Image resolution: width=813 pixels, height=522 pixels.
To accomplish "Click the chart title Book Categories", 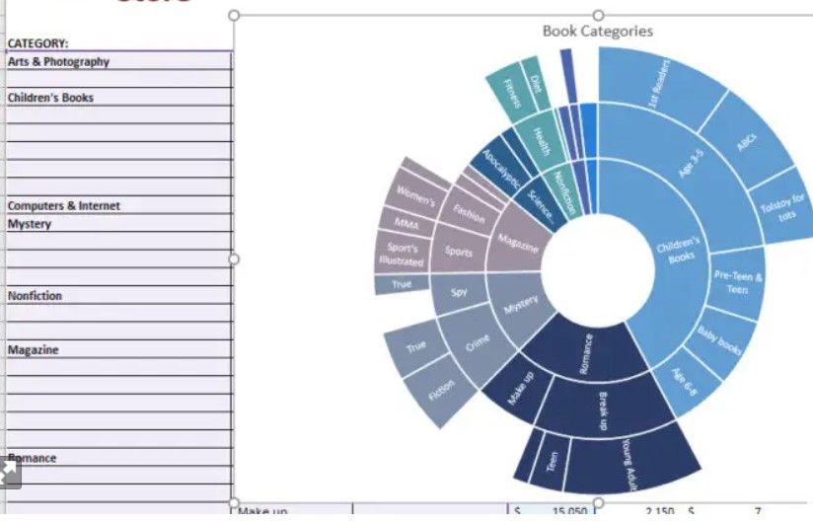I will pos(597,31).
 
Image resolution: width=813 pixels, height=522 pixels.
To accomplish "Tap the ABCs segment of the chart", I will pos(747,144).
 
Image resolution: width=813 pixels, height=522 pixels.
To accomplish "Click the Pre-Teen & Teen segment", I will pos(737,282).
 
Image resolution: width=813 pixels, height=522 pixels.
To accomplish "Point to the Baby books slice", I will pos(718,341).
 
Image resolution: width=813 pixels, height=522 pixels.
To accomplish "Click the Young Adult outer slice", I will pos(628,460).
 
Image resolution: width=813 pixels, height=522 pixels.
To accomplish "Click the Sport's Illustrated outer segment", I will pos(402,255).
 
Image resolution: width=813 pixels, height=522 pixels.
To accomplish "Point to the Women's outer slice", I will pos(416,193).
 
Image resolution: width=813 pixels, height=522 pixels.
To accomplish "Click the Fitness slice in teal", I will pos(512,93).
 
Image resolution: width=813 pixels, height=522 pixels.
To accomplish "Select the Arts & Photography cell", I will pos(59,62).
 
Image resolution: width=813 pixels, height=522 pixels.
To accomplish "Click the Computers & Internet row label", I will pos(64,206).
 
